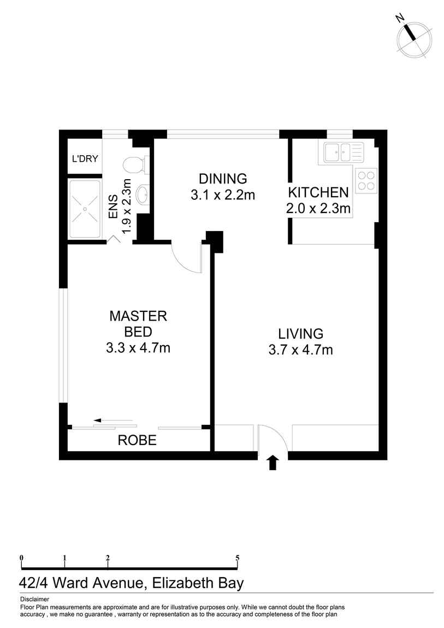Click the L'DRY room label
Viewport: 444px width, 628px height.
85,158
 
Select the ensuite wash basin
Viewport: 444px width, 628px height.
142,195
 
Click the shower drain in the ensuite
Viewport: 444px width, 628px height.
85,209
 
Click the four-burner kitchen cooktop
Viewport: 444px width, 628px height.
366,181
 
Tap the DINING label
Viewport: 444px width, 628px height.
223,179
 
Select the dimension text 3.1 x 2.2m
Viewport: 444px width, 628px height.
223,195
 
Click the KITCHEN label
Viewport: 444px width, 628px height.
318,193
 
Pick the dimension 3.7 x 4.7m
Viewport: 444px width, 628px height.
301,350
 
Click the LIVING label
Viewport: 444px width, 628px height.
301,334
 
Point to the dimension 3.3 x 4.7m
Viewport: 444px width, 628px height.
138,348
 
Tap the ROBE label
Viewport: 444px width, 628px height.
137,441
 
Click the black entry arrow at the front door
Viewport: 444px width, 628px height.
273,463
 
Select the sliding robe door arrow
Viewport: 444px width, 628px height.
113,420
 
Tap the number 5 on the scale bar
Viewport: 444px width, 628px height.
238,558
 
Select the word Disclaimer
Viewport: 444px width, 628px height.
34,600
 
